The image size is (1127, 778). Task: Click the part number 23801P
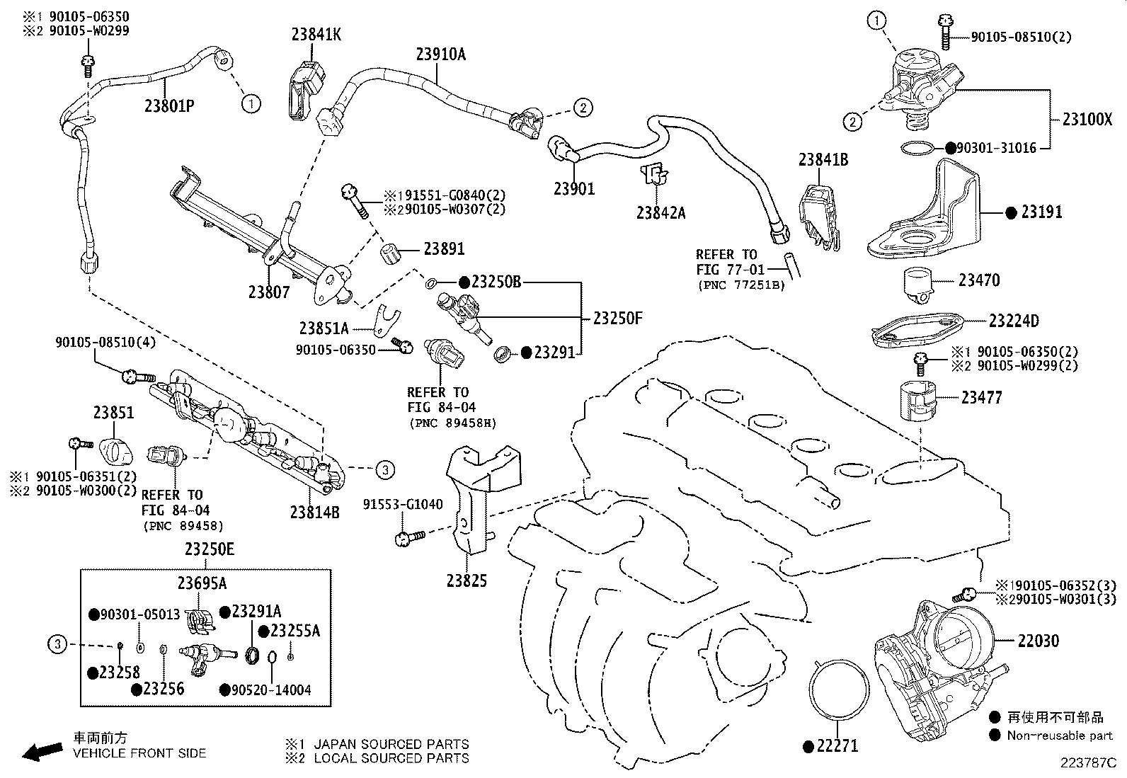(x=169, y=106)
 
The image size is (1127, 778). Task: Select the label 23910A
(x=440, y=54)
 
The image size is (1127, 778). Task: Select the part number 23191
(x=1041, y=212)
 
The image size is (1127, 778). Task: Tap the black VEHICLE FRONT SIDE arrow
(x=42, y=751)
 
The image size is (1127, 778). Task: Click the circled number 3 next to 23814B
(x=384, y=469)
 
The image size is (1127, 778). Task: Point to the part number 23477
(x=981, y=398)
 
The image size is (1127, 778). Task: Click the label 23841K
(x=316, y=34)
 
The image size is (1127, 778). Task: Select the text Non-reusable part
(x=1060, y=736)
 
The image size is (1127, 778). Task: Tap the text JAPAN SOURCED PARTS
(x=391, y=744)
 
